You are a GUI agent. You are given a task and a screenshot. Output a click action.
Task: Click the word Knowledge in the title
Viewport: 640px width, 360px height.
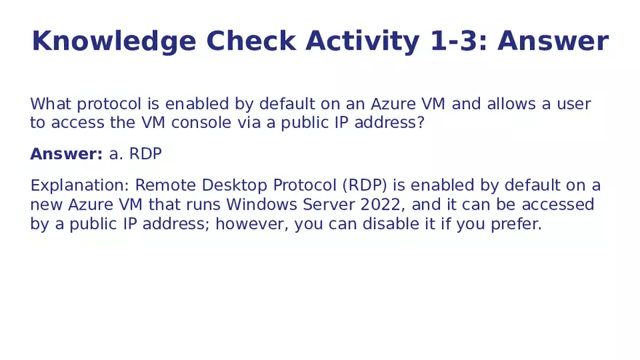tap(113, 41)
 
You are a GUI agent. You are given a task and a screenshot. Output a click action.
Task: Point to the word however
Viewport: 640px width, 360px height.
tap(252, 224)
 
